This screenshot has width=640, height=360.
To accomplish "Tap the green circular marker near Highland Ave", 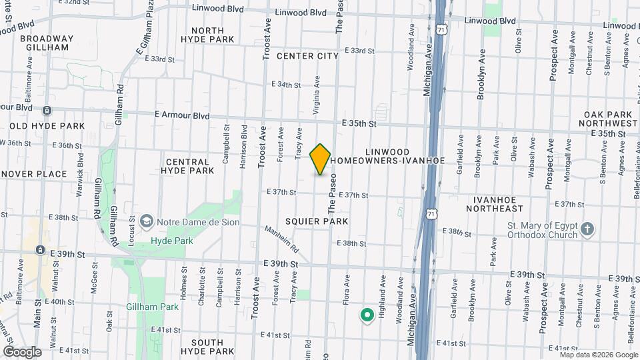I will pos(366,315).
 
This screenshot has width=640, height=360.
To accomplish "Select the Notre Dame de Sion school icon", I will pos(146,221).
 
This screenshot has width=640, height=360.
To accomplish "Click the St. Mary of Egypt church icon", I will pos(587,229).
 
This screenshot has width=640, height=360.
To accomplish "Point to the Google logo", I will pos(21,351).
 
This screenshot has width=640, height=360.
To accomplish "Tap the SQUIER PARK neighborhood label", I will pos(317,221).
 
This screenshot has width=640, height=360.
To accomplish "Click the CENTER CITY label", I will pos(308,56).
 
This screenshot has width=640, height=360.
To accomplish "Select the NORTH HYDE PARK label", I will pos(212,35).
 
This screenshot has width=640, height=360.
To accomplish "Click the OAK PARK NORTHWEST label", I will pos(608,119).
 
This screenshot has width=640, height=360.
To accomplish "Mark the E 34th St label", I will pos(286,85).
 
